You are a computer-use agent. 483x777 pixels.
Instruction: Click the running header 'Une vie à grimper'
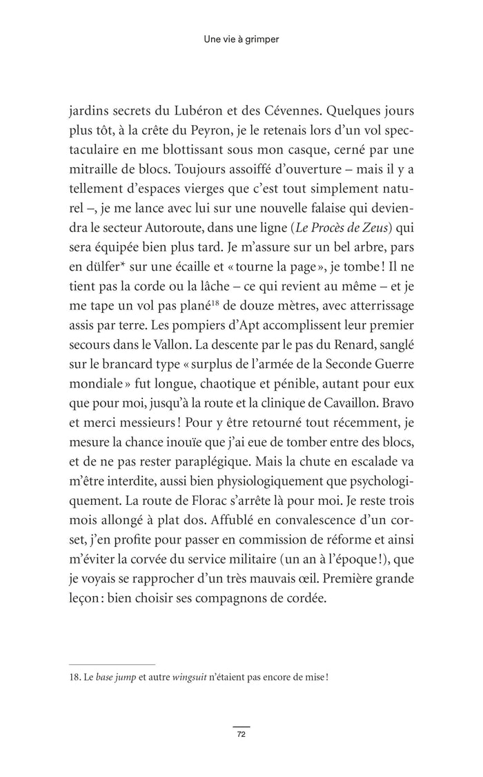[x=241, y=40]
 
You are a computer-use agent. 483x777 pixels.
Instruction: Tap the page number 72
[x=241, y=734]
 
